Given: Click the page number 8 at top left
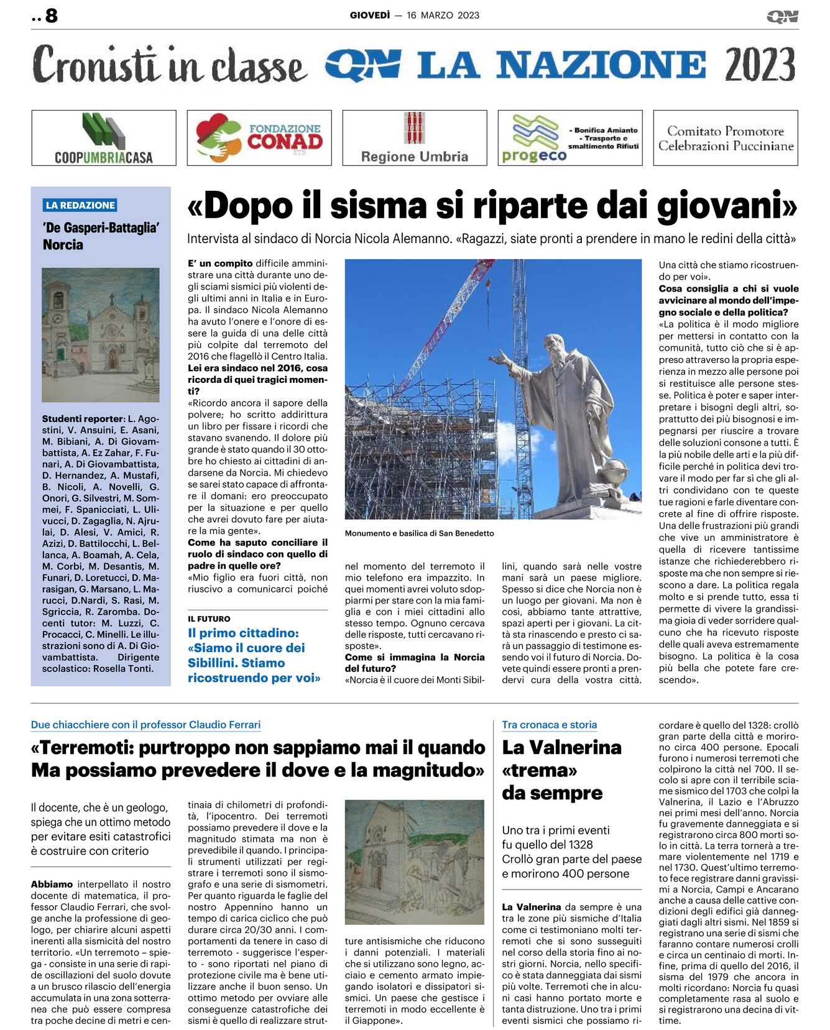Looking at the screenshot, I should point(51,16).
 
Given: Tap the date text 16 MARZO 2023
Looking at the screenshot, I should point(443,16).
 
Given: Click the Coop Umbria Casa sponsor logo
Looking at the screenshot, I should point(104,138).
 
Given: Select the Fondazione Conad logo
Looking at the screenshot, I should point(259,138).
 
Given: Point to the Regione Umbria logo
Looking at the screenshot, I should point(415,138).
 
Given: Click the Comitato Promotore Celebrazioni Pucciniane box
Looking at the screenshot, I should point(726,138).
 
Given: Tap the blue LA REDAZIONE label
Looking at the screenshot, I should point(80,205).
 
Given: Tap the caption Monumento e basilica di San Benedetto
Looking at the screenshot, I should point(419,533).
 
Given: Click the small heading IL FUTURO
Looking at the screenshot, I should point(209,619).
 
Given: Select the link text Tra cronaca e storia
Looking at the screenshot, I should point(549,725).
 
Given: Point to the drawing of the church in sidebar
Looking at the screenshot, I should point(101,334).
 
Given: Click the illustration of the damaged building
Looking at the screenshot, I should point(414,862).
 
